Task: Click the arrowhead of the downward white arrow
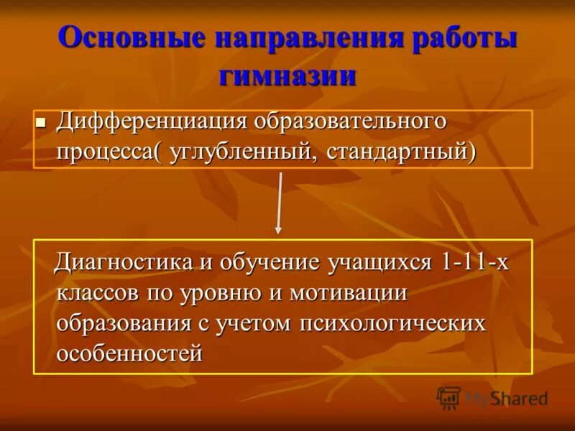(x=278, y=229)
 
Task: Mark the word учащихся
(x=378, y=262)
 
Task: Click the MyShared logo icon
(x=448, y=397)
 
